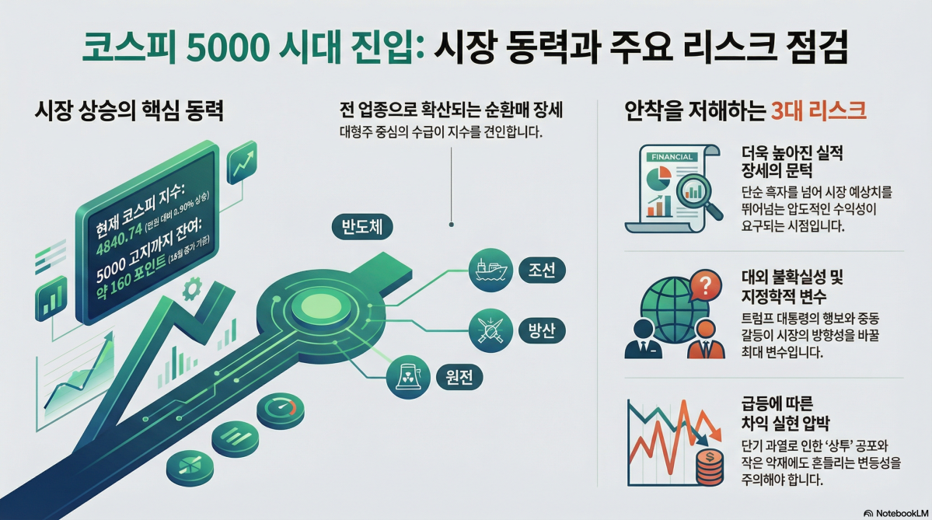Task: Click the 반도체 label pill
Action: pyautogui.click(x=361, y=227)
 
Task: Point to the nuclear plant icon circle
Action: pyautogui.click(x=408, y=378)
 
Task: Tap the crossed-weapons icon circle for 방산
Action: pyautogui.click(x=491, y=330)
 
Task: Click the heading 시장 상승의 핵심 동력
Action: pyautogui.click(x=129, y=111)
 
